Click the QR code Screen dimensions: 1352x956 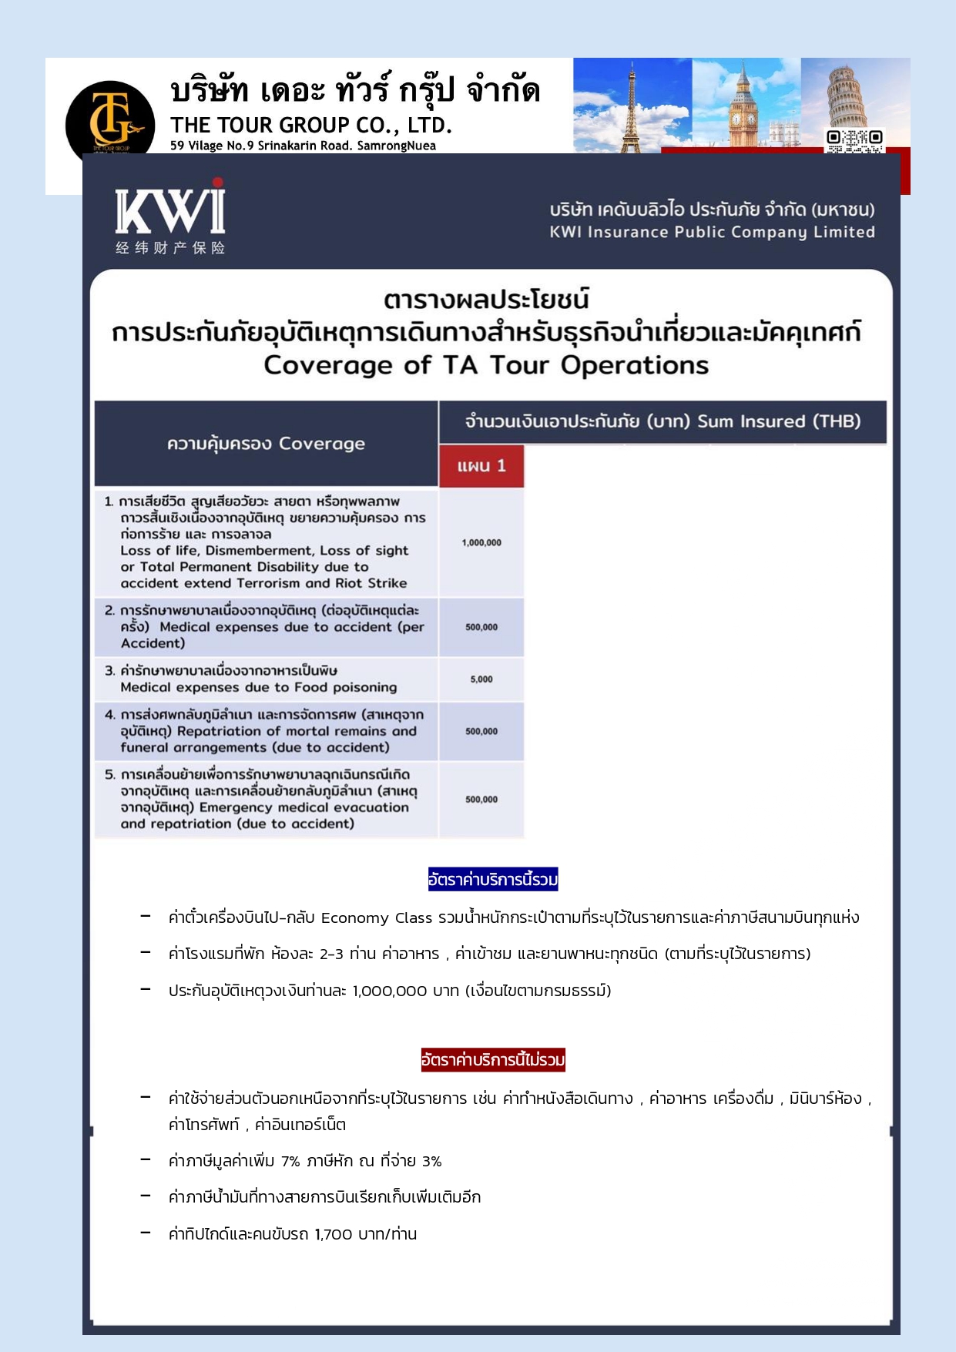[x=854, y=140]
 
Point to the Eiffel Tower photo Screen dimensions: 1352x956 [x=632, y=105]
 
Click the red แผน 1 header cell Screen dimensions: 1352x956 [x=481, y=466]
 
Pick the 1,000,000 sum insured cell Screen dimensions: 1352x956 [x=481, y=542]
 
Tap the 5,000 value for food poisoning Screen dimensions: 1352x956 [x=481, y=679]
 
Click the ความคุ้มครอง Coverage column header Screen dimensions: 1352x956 [x=266, y=443]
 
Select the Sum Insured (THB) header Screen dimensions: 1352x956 [x=779, y=421]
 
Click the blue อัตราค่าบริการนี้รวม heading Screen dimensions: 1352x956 [x=493, y=879]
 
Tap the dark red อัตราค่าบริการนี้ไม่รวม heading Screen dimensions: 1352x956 [x=493, y=1060]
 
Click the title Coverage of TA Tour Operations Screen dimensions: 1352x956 [x=486, y=365]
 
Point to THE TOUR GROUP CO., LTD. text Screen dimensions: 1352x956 [x=310, y=126]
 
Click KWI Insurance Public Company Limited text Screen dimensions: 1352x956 [x=712, y=232]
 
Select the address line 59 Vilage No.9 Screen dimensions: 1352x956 [x=303, y=146]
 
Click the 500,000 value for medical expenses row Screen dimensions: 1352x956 [x=481, y=627]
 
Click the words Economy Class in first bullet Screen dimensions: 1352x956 [x=377, y=918]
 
